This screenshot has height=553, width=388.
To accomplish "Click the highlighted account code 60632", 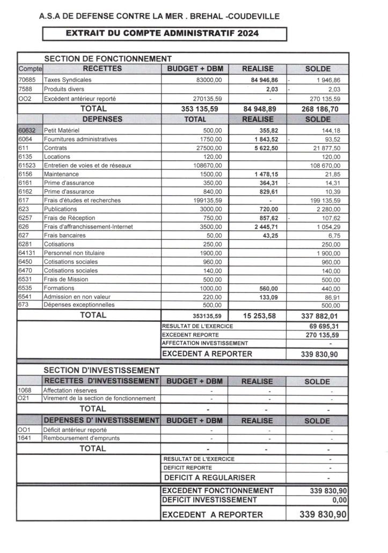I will pyautogui.click(x=28, y=130).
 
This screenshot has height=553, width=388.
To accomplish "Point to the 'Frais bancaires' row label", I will pyautogui.click(x=64, y=235).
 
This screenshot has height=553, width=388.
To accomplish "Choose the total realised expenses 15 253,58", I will pyautogui.click(x=259, y=316).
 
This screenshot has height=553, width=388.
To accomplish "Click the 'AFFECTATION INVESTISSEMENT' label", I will pyautogui.click(x=204, y=343).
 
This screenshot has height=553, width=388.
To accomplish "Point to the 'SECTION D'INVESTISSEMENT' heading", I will pyautogui.click(x=101, y=370).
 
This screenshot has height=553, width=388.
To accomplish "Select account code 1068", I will pyautogui.click(x=25, y=390).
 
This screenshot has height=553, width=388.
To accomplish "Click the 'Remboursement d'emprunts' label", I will pyautogui.click(x=81, y=438).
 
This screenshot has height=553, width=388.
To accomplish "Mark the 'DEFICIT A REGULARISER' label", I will pyautogui.click(x=209, y=477).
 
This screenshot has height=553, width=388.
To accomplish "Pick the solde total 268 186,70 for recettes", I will pyautogui.click(x=319, y=109).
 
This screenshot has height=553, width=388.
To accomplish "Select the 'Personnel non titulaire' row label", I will pyautogui.click(x=75, y=253).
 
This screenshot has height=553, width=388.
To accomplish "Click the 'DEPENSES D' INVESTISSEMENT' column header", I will pyautogui.click(x=101, y=420).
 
